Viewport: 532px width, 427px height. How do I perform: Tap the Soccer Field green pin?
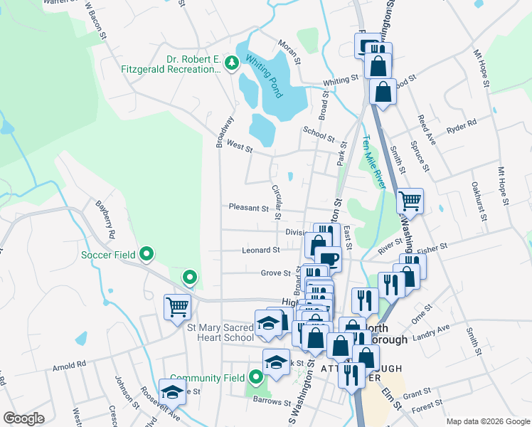tap(147, 253)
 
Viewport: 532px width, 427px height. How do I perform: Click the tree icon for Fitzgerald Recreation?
tap(231, 64)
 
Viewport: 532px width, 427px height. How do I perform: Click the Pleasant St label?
tap(248, 208)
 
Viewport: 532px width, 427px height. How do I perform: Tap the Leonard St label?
tap(260, 251)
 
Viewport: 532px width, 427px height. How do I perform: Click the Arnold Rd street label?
tap(69, 365)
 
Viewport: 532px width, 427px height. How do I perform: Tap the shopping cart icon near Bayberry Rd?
tap(177, 307)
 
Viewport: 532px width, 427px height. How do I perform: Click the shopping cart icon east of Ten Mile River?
tap(410, 201)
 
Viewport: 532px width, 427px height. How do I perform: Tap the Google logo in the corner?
tap(23, 418)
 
